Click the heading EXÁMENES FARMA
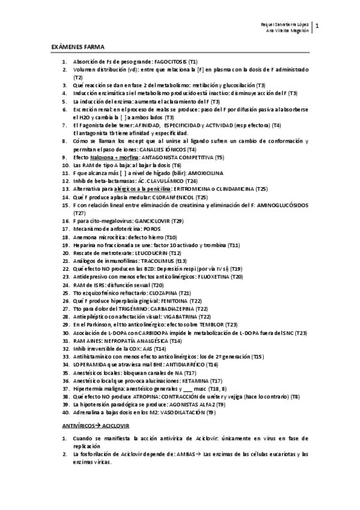[x=72, y=46]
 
